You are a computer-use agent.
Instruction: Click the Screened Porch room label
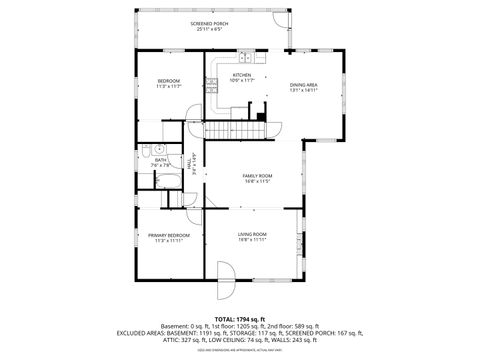pyautogui.click(x=209, y=23)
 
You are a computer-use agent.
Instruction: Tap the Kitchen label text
pyautogui.click(x=242, y=74)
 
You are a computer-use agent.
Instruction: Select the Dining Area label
pyautogui.click(x=304, y=85)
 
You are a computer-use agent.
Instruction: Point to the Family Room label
pyautogui.click(x=257, y=176)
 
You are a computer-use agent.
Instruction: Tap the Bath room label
pyautogui.click(x=160, y=159)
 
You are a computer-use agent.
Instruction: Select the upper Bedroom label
pyautogui.click(x=168, y=80)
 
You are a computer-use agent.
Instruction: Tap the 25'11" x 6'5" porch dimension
pyautogui.click(x=209, y=30)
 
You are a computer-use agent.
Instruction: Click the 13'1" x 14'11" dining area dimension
pyautogui.click(x=304, y=91)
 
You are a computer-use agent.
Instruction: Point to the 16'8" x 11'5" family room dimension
pyautogui.click(x=257, y=182)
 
